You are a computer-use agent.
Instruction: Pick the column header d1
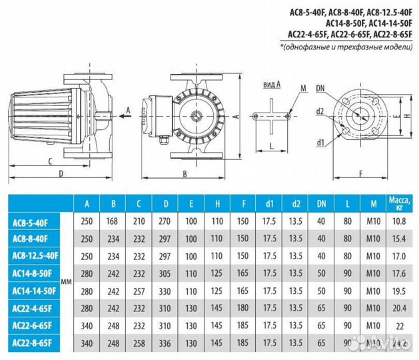268,203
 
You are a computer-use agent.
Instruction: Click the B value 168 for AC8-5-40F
113,220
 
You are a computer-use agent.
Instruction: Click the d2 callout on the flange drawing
320,111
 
